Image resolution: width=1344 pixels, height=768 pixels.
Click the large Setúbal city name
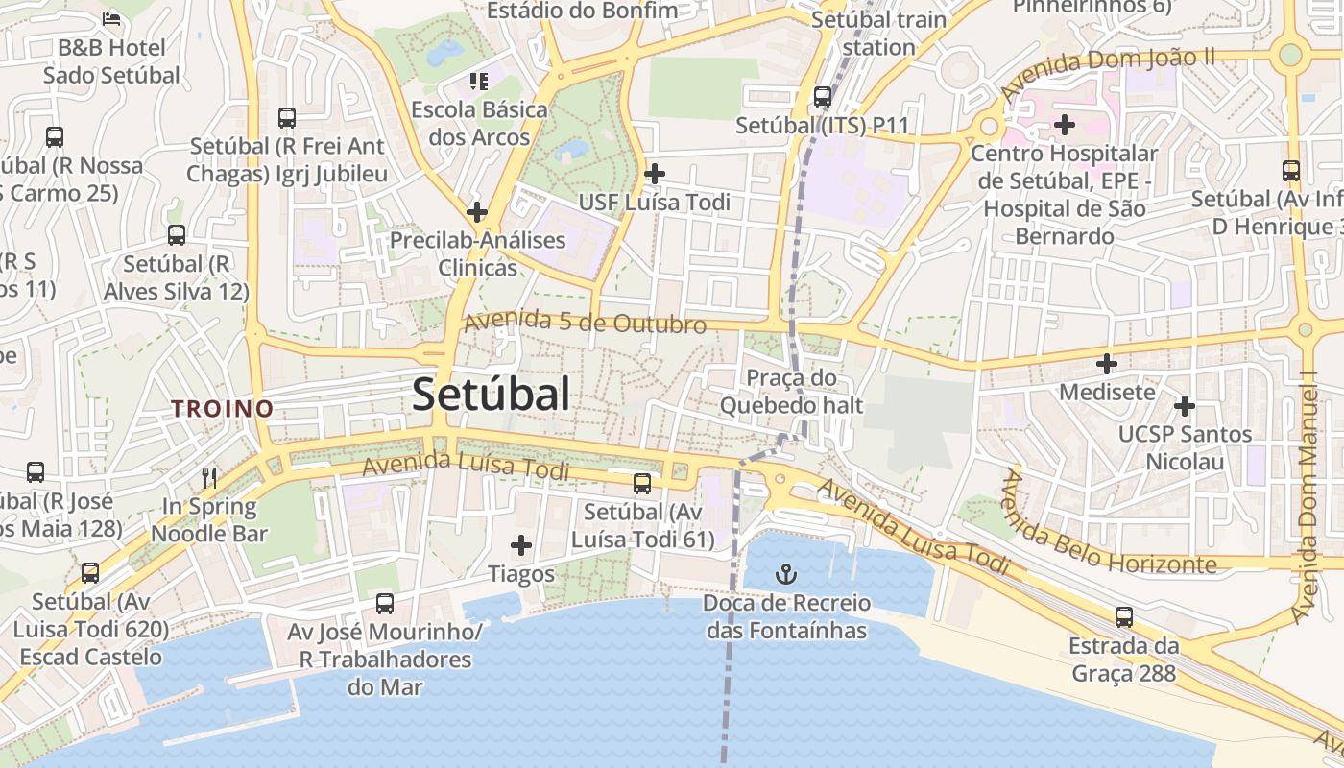491,395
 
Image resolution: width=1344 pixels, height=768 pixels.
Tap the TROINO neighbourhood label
223,409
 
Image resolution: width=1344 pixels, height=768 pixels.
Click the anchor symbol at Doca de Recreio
786,575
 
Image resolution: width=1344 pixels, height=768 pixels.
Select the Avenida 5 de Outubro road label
586,323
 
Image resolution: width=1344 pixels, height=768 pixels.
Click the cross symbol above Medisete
1107,364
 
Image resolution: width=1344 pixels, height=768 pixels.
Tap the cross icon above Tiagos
521,545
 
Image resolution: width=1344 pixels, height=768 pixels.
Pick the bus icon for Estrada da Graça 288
1124,617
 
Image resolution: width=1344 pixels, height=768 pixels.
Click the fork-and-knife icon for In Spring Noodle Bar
209,477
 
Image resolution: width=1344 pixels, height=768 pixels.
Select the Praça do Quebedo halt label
792,392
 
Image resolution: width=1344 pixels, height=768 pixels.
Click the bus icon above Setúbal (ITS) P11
822,96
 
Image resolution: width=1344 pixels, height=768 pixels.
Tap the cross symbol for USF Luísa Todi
655,174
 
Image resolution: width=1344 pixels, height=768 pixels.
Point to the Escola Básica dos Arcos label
479,123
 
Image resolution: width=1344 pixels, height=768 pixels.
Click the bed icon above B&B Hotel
111,18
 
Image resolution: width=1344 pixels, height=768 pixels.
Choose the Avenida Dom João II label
1107,73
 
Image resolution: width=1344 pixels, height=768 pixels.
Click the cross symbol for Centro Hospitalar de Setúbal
1065,124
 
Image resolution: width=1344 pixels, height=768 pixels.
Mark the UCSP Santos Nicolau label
1185,447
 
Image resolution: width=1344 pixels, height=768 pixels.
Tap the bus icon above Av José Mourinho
385,603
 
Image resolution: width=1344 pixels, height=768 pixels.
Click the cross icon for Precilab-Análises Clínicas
477,212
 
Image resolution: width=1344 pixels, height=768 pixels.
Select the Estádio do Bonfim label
582,11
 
